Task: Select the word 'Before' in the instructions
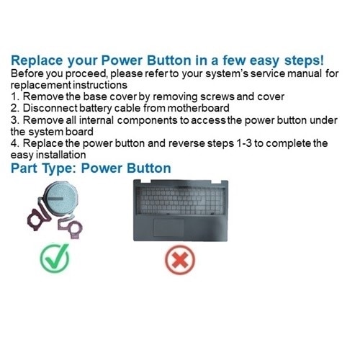click(x=29, y=73)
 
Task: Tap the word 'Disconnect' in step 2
click(x=54, y=109)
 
